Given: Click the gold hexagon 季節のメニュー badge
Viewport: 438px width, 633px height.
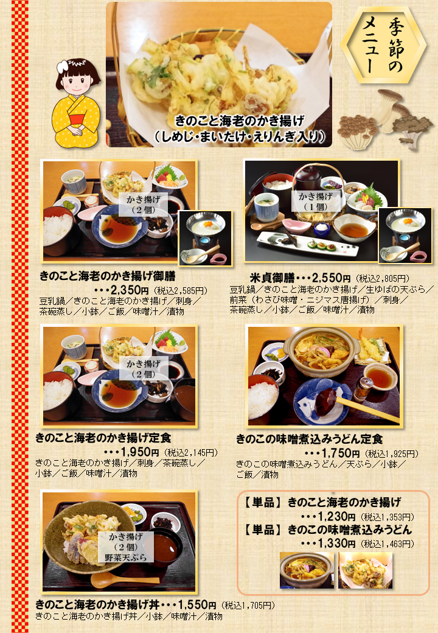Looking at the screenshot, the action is tap(383, 45).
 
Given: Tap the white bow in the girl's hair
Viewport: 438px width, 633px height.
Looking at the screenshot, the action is tap(63, 66).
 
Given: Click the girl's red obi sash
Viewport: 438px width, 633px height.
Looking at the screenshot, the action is tap(77, 120).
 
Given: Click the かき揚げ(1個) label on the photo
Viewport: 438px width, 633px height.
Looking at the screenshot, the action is tap(315, 201).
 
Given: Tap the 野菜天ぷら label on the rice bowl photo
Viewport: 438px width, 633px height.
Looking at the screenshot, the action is tap(126, 558).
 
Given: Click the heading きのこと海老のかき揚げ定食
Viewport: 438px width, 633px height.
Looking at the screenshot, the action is tap(103, 438).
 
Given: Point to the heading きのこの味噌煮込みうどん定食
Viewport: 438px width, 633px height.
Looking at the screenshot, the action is tap(310, 439).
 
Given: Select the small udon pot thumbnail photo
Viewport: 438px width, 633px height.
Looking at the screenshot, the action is tap(307, 570).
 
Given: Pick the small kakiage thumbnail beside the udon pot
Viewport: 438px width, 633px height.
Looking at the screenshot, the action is tap(365, 570).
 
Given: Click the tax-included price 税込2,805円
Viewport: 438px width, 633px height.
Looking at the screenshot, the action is tap(383, 279).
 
